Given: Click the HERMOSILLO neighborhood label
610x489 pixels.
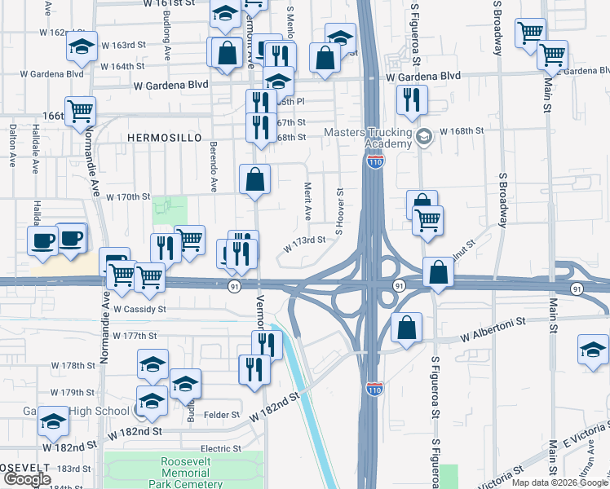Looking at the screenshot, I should coord(164,139).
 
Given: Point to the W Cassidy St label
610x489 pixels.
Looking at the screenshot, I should coord(139,310).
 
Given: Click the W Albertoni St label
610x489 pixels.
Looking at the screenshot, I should coord(491,336).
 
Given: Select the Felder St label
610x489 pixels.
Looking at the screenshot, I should coord(223,415).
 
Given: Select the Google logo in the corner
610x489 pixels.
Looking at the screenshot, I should coord(27,479).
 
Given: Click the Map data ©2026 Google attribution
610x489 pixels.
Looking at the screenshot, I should coord(559,482).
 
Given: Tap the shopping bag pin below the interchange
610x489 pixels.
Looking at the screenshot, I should coord(406,328).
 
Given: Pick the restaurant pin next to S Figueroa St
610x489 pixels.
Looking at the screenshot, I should coord(411,100).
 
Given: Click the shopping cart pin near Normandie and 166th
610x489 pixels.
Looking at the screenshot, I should coord(80,111).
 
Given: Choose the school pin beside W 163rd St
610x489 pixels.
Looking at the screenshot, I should coord(82,46).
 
